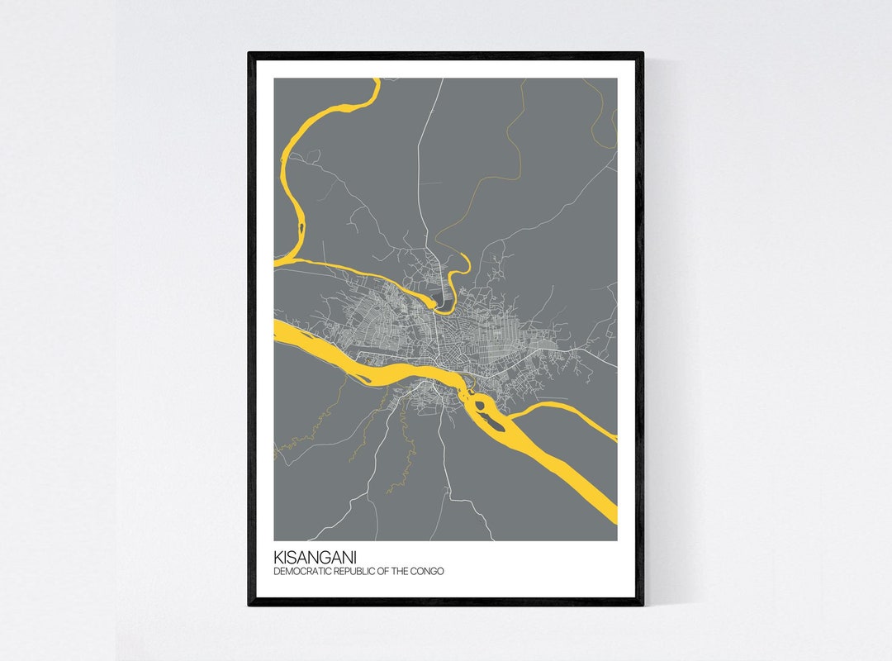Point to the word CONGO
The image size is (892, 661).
(x=429, y=571)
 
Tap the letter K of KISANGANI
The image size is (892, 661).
(x=278, y=557)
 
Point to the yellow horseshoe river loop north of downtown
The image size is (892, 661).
(x=457, y=277)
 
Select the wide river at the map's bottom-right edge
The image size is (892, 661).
(x=610, y=508)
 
